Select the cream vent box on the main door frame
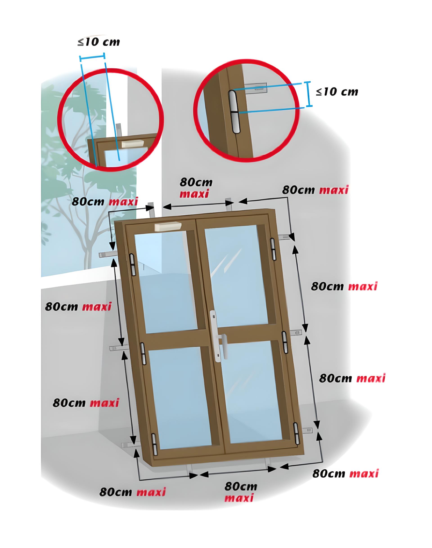point(168,227)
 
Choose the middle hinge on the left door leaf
point(143,353)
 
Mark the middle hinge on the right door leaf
point(285,342)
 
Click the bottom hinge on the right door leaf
point(296,434)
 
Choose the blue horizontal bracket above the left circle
point(92,58)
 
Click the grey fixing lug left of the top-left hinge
point(108,255)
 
